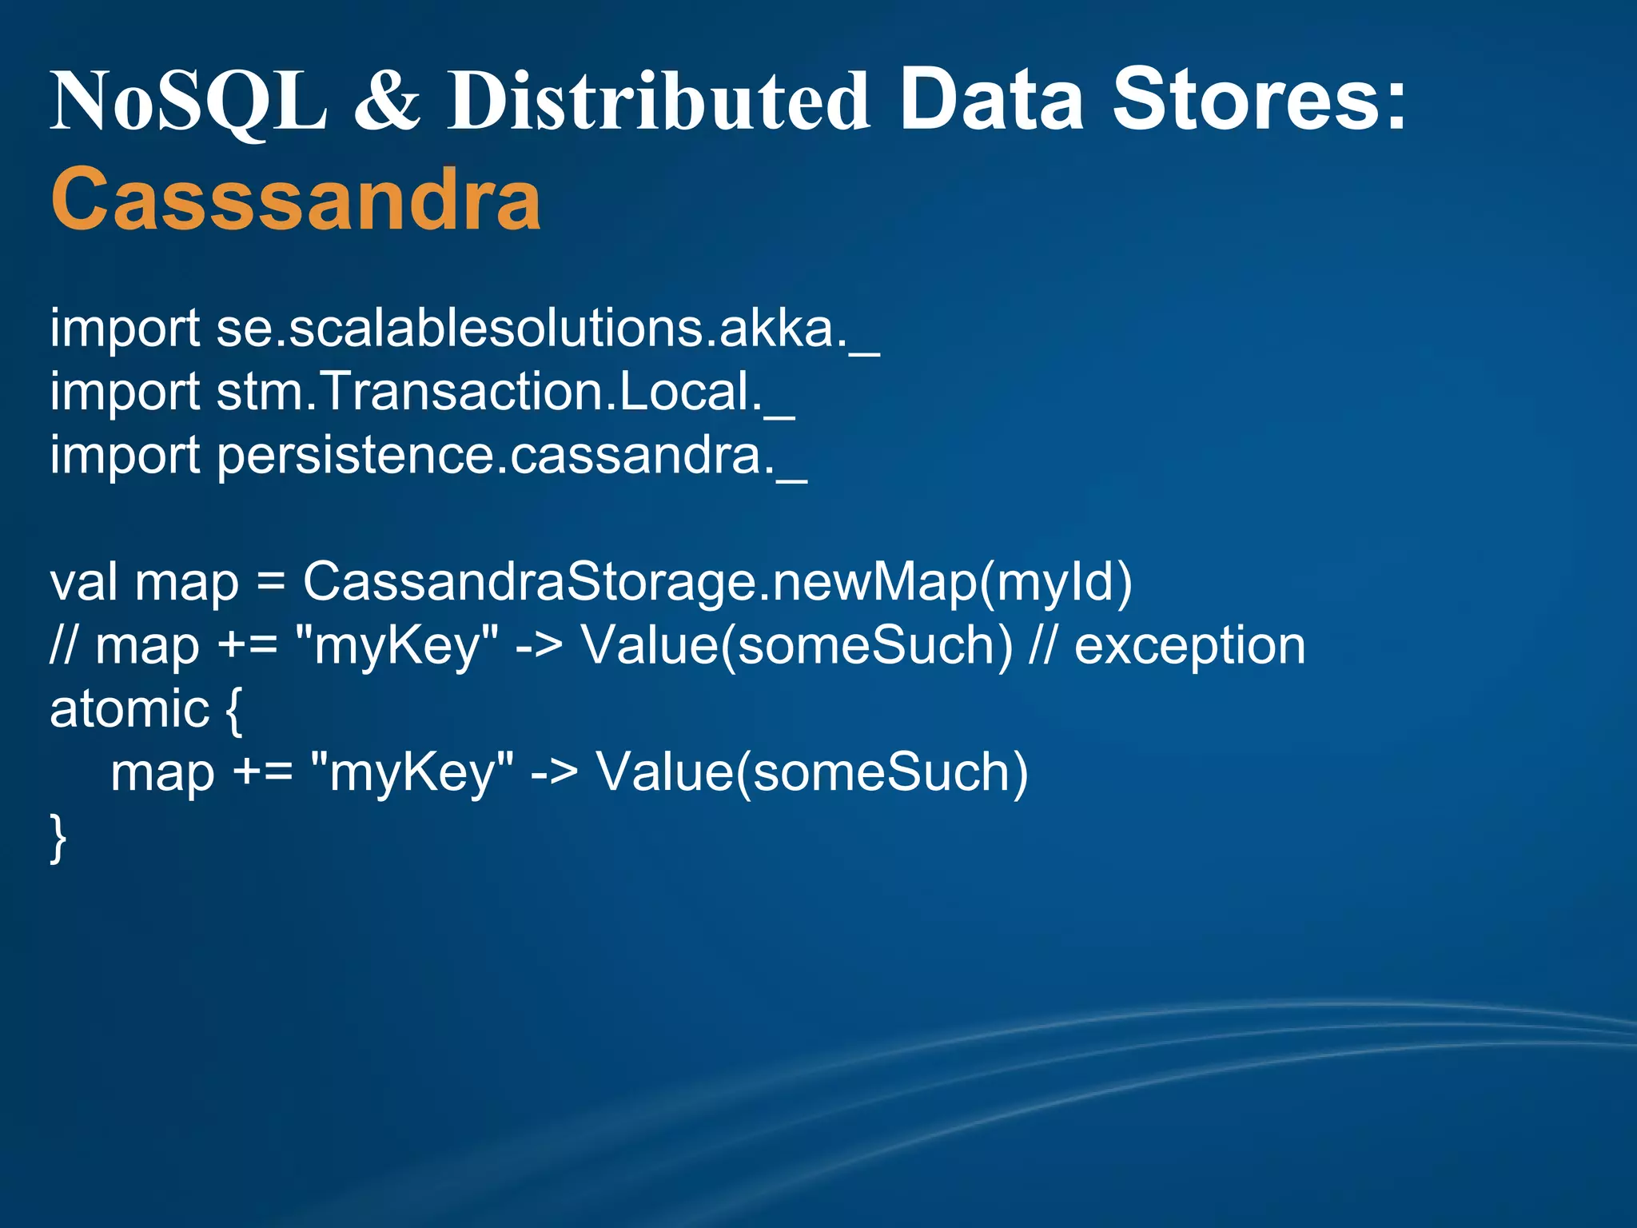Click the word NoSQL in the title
(x=189, y=101)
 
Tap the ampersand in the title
(x=387, y=101)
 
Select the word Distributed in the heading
(x=658, y=101)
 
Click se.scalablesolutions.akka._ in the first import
(x=548, y=329)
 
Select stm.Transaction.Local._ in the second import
(x=505, y=392)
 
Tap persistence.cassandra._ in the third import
(x=512, y=456)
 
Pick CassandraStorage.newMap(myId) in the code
(x=717, y=581)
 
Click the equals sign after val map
(x=271, y=583)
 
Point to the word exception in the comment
(x=1189, y=645)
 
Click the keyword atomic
(x=129, y=709)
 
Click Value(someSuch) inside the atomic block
(x=812, y=772)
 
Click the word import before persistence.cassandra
(x=125, y=457)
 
